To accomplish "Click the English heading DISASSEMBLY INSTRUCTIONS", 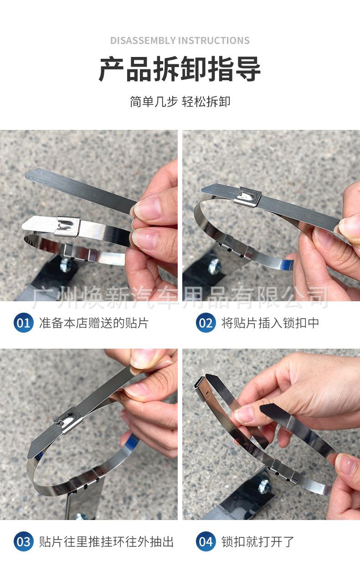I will [180, 41].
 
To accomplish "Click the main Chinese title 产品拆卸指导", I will [180, 69].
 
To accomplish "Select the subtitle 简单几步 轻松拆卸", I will [180, 101].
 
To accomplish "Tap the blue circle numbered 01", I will [23, 323].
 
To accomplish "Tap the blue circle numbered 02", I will [206, 323].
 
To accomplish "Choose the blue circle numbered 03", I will [23, 542].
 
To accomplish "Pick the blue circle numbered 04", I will [206, 542].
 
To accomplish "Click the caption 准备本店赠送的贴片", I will [94, 323].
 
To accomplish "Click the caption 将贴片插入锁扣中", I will [270, 323].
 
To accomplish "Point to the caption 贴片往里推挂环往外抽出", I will [106, 542].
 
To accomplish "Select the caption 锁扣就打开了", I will [258, 542].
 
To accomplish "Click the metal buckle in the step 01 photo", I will [67, 226].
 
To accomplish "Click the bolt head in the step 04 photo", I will [264, 487].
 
